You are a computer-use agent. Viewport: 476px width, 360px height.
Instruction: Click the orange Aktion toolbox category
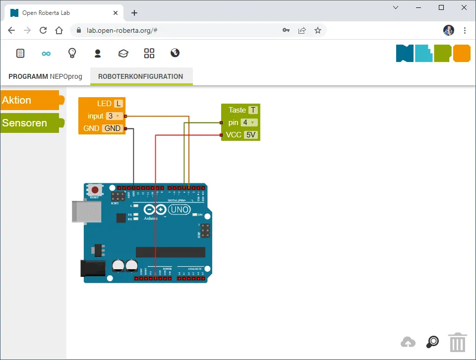pos(30,100)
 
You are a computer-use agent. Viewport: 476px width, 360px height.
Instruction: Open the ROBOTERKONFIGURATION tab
pos(141,76)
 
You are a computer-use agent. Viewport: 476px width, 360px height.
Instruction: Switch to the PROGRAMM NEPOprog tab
pos(45,76)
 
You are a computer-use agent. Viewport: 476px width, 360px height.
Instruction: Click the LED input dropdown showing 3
pos(114,116)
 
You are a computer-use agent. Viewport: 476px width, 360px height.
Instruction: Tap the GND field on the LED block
pos(113,128)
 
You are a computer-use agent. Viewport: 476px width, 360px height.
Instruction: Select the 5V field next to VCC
pos(251,135)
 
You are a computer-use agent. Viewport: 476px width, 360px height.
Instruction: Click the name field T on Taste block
pos(253,110)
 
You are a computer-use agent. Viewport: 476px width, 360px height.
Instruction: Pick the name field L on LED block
pos(118,104)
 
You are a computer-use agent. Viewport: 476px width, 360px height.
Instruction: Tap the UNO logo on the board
pos(179,210)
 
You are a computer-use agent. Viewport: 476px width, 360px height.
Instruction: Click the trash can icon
pos(458,342)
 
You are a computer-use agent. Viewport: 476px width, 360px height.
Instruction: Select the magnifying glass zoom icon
pos(433,342)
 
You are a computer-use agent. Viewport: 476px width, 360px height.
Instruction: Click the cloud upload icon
pos(408,342)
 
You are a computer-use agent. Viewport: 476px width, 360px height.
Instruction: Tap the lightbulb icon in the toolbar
pos(72,53)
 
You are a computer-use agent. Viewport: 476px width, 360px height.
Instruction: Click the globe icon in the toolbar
pos(175,53)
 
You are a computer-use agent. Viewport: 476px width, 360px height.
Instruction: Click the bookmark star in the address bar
pos(318,30)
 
